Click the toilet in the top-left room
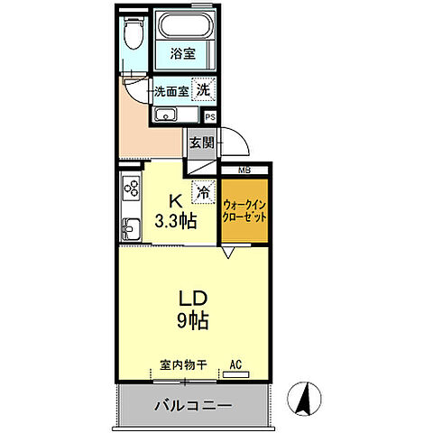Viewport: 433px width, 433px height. click(x=134, y=36)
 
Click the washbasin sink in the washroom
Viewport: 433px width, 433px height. click(x=166, y=115)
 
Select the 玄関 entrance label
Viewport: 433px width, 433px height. click(x=200, y=142)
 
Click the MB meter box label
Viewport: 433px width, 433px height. click(x=245, y=170)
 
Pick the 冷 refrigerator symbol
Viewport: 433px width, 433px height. click(x=204, y=191)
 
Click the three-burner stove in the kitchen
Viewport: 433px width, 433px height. click(x=131, y=189)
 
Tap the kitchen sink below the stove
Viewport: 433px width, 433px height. click(x=130, y=227)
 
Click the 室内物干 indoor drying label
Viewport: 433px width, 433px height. click(x=184, y=365)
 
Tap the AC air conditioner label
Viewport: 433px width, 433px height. click(x=236, y=364)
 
